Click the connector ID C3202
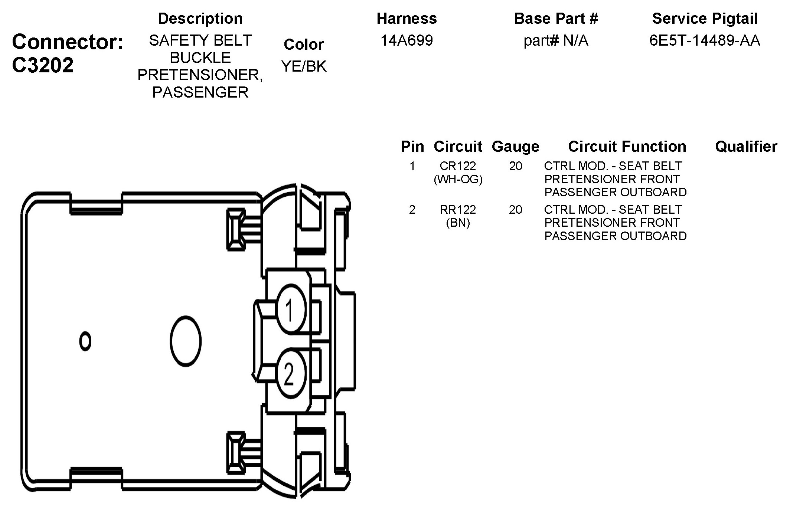point(43,65)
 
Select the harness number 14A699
point(407,40)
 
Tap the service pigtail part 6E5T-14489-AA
point(705,40)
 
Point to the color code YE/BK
point(304,66)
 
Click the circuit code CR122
point(458,165)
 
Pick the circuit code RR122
point(458,210)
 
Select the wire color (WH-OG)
point(458,179)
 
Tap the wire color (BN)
point(458,223)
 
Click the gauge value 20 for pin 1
point(515,165)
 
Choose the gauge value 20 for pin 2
point(515,210)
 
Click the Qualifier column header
point(746,147)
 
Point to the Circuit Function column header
point(627,147)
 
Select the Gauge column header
point(515,147)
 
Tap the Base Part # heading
point(556,19)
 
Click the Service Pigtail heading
point(705,19)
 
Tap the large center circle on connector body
point(186,341)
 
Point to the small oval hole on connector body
point(85,341)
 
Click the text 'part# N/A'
point(556,40)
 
